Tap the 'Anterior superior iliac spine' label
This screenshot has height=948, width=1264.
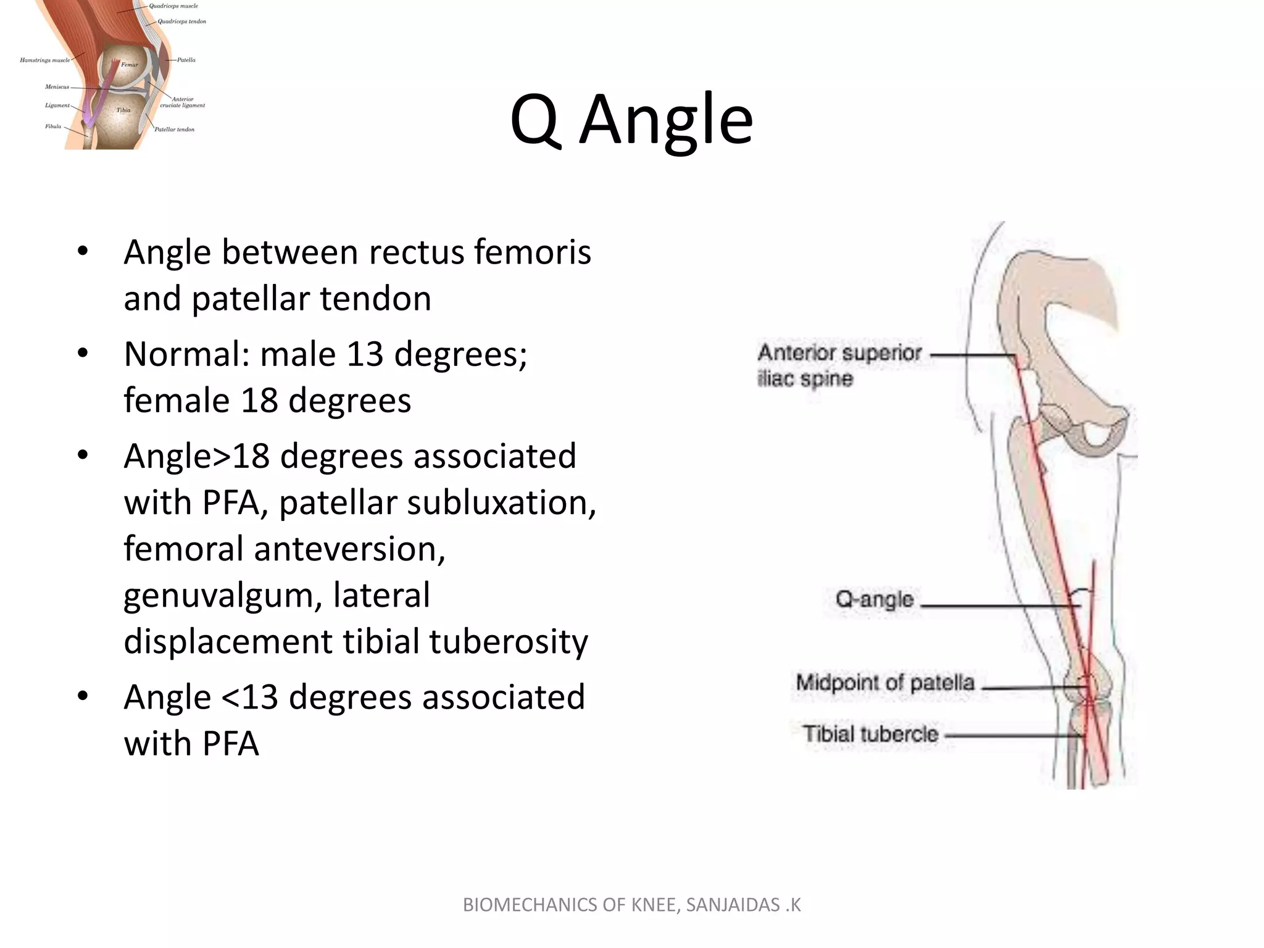tap(839, 365)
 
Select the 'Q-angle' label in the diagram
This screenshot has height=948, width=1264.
tap(874, 599)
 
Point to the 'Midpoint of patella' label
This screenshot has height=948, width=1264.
tap(885, 683)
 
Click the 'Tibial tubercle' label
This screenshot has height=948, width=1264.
tap(870, 734)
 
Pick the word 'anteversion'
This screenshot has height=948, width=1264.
tap(349, 549)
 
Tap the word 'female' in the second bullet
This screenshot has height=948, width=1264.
tap(175, 400)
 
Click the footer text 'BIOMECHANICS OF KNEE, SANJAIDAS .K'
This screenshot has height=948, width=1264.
tap(631, 905)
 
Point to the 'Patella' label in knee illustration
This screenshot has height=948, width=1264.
tap(186, 60)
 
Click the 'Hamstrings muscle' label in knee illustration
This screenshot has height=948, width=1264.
tap(44, 60)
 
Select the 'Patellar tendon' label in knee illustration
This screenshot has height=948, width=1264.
tap(174, 130)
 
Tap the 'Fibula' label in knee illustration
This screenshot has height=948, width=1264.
tap(53, 127)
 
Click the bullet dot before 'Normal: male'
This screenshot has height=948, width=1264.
tap(83, 354)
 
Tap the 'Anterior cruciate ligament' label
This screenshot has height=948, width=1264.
tap(182, 102)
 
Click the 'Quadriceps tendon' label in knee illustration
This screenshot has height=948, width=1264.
tap(181, 22)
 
